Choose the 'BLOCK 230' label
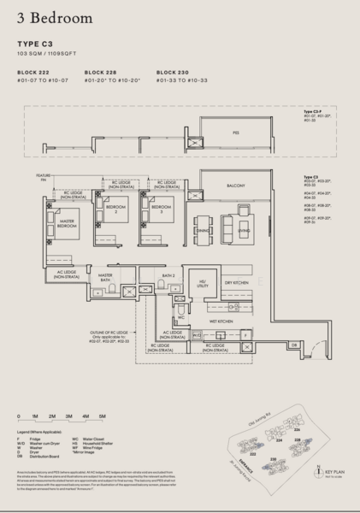point(174,73)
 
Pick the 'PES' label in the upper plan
point(235,133)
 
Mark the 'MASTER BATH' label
point(106,279)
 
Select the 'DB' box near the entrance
point(269,345)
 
